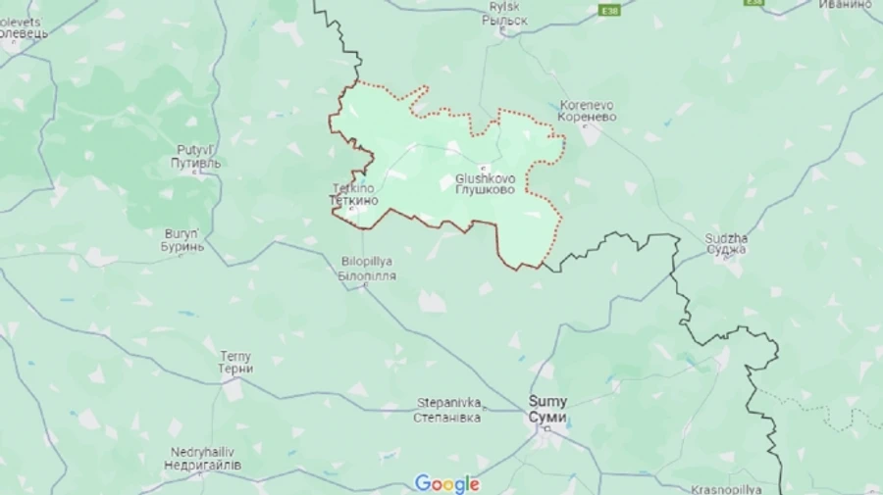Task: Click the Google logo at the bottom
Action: click(x=446, y=483)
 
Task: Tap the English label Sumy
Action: click(x=547, y=401)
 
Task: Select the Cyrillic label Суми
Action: click(x=547, y=417)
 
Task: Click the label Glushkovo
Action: click(x=485, y=178)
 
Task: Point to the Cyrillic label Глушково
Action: click(x=485, y=190)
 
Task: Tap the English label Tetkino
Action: click(x=352, y=187)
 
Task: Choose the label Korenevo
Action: click(x=587, y=104)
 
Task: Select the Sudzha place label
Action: click(x=726, y=237)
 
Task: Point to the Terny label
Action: click(x=235, y=356)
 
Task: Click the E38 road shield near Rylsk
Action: click(x=610, y=10)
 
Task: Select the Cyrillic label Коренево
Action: click(x=587, y=117)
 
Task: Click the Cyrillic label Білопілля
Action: click(x=367, y=276)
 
